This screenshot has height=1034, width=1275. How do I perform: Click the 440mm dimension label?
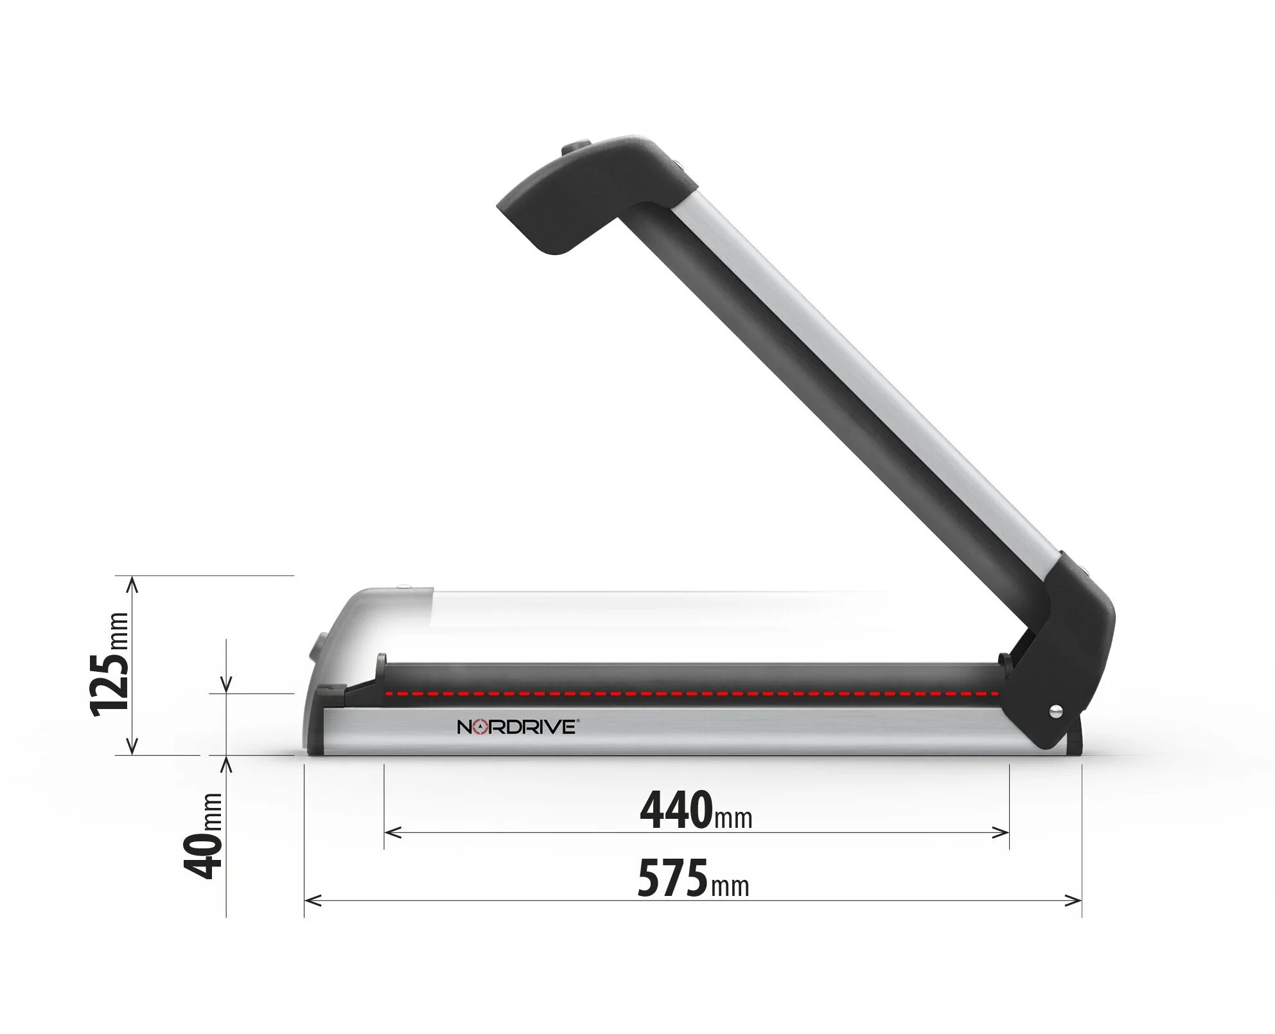696,811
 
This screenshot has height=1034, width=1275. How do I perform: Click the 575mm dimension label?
693,879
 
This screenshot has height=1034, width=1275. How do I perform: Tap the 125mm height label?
110,665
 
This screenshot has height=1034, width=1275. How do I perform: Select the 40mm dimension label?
203,836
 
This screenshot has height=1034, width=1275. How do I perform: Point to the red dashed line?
690,694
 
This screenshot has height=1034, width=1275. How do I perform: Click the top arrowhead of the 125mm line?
132,582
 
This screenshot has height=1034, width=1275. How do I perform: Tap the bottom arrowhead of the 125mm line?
132,748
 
